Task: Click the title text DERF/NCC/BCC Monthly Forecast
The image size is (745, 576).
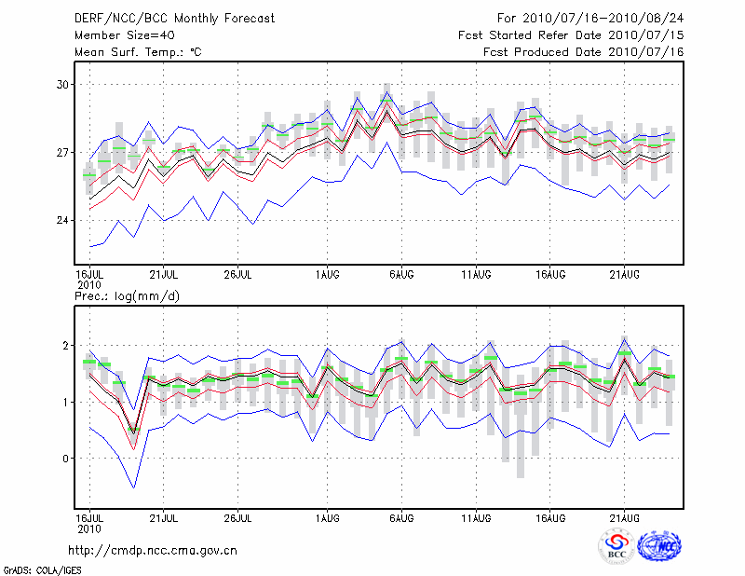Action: tap(174, 19)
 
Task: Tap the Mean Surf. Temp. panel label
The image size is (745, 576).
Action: tap(138, 52)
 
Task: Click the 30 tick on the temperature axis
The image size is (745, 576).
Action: tap(63, 85)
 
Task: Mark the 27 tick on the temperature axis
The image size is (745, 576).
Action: tap(63, 153)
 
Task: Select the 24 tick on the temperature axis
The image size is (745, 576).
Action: tap(63, 221)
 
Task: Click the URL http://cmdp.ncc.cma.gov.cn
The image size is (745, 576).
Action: tap(153, 551)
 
